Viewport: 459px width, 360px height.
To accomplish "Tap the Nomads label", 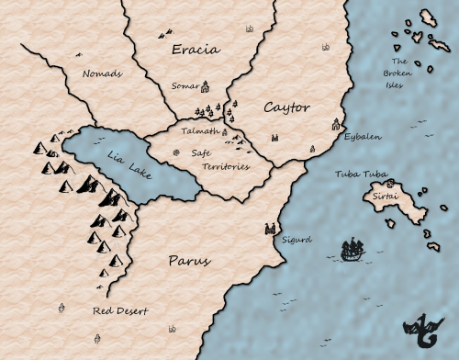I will click(102, 73).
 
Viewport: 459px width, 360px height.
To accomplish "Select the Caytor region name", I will click(286, 107).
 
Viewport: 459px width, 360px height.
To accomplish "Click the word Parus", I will click(189, 261).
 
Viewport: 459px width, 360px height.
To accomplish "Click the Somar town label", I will click(185, 86).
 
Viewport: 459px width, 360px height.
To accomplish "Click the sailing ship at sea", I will click(353, 249).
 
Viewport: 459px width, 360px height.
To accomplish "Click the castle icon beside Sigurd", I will click(270, 227).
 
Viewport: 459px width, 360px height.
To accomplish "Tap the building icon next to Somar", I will click(206, 87).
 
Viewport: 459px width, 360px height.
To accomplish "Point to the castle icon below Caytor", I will click(274, 137).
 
